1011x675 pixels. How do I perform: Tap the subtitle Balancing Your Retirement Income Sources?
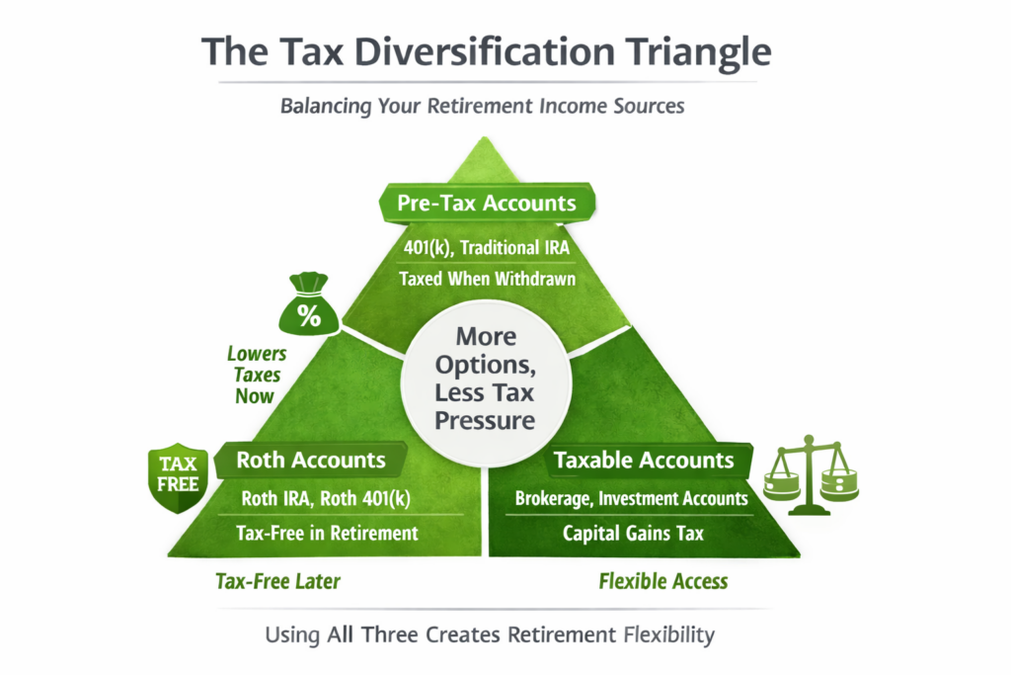pos(483,106)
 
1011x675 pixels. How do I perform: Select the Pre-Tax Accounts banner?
pos(487,204)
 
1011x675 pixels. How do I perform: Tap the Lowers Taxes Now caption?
pos(257,376)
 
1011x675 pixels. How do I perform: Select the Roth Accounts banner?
pos(311,460)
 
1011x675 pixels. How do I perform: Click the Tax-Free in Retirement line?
pos(327,533)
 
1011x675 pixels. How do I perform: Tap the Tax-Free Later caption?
pos(277,581)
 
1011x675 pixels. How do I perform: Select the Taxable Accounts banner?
pos(644,460)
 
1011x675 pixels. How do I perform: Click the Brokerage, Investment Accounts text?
pos(632,498)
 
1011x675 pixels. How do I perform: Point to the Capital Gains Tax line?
pos(633,533)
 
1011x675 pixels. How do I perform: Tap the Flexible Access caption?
pos(663,581)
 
